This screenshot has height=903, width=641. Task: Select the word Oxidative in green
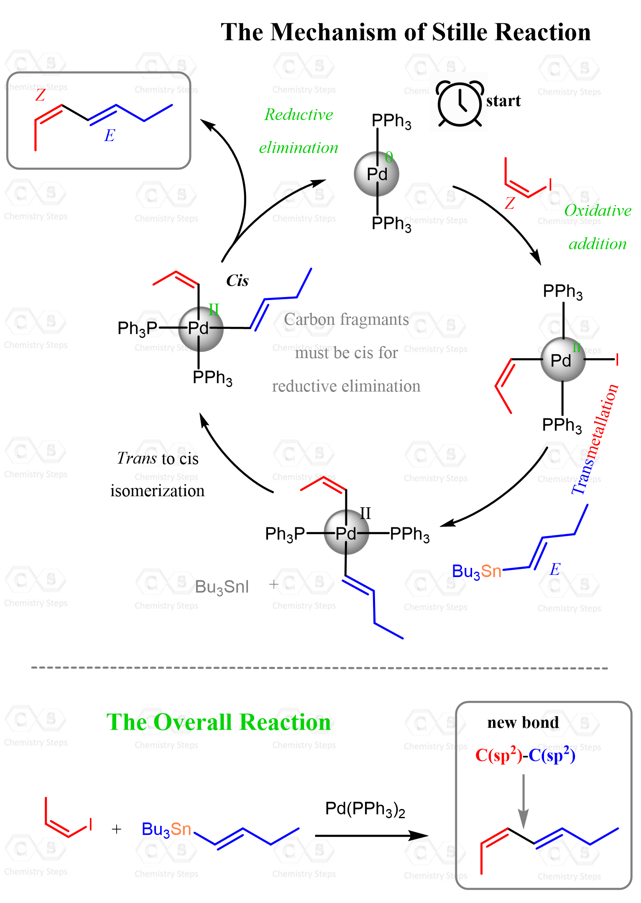point(598,210)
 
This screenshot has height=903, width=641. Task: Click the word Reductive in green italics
point(299,114)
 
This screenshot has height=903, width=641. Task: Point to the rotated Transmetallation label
point(595,439)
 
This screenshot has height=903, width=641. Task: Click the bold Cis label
point(237,280)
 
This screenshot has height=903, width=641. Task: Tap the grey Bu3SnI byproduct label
point(222,587)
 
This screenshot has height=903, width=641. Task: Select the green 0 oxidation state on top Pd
point(389,157)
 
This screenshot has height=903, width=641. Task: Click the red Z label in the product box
point(40,95)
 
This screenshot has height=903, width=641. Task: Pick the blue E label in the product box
point(110,135)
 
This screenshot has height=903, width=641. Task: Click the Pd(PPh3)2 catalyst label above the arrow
point(365,809)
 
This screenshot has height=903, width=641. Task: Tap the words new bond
point(523,722)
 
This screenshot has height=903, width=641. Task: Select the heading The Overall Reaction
point(219,722)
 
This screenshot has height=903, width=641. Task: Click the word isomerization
point(158,491)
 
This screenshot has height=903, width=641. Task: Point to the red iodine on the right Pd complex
point(617,359)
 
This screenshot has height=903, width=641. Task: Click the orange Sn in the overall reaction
point(181,829)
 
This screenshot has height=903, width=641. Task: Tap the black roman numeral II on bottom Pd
point(365,513)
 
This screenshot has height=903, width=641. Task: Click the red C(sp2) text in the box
point(499,755)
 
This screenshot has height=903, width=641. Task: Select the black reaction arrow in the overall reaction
point(372,836)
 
